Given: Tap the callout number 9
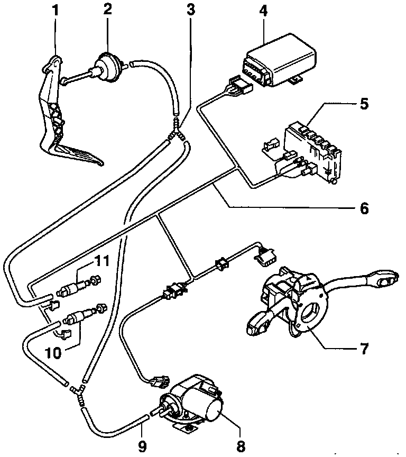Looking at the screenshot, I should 141,446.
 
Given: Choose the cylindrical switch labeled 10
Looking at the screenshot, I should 77,318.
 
